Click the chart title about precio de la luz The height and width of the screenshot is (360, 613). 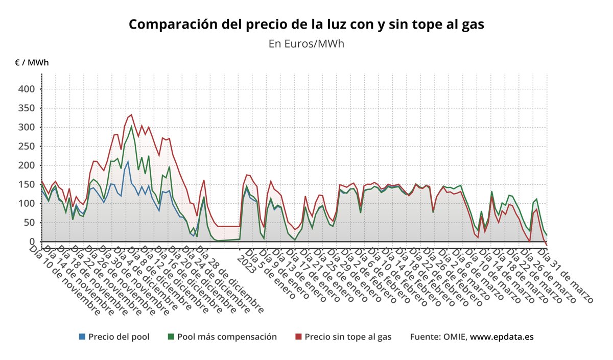pyautogui.click(x=306, y=25)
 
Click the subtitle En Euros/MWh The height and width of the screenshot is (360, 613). pyautogui.click(x=306, y=44)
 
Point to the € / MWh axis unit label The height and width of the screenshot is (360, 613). pyautogui.click(x=32, y=63)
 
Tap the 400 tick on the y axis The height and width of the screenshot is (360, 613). pyautogui.click(x=26, y=89)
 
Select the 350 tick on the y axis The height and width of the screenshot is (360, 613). pyautogui.click(x=26, y=108)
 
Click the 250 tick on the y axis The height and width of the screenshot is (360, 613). pyautogui.click(x=26, y=146)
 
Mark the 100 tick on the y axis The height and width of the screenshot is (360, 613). pyautogui.click(x=26, y=204)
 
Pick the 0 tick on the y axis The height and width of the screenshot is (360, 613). pyautogui.click(x=32, y=242)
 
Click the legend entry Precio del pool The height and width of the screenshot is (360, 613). pyautogui.click(x=119, y=337)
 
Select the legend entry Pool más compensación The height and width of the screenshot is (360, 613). pyautogui.click(x=227, y=337)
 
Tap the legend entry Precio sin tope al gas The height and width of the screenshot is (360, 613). pyautogui.click(x=348, y=337)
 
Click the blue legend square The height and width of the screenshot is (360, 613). pyautogui.click(x=82, y=337)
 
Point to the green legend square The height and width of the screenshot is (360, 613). pyautogui.click(x=171, y=337)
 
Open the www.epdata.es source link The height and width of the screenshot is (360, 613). pyautogui.click(x=502, y=337)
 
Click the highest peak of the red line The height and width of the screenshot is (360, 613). pyautogui.click(x=131, y=114)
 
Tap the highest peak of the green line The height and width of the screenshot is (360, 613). pyautogui.click(x=131, y=126)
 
